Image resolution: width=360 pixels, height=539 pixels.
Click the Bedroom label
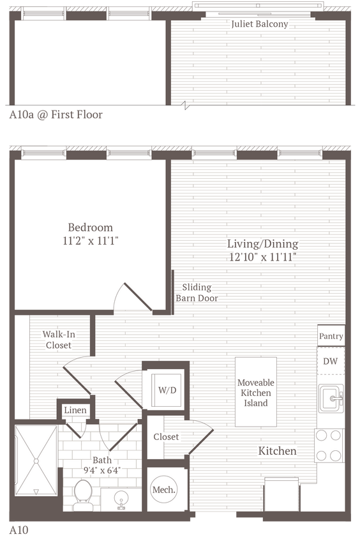91,227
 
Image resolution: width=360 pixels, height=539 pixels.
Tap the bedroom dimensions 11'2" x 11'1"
91,241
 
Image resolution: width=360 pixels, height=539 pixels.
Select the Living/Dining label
263,244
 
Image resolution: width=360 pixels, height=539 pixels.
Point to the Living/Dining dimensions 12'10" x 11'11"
263,257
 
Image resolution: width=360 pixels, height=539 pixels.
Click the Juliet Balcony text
260,24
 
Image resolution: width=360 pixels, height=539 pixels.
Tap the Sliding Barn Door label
197,292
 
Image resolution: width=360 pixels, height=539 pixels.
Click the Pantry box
331,336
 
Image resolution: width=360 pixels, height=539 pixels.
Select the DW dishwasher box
330,361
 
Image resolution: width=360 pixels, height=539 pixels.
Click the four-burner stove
329,445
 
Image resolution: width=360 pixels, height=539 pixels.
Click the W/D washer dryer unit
167,390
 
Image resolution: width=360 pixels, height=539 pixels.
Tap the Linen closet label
75,409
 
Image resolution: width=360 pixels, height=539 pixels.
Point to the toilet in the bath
82,494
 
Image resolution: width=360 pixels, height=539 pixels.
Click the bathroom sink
120,499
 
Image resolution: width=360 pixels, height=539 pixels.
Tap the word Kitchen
277,451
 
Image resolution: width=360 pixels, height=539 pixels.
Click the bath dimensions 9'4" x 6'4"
102,466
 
